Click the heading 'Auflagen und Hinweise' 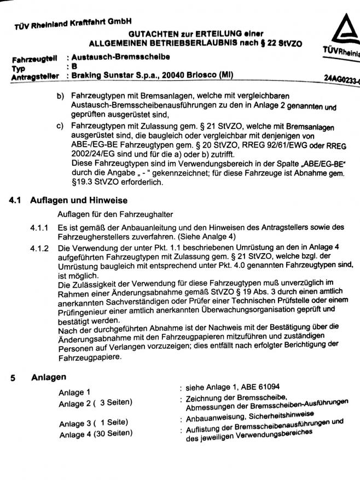[x=79, y=201]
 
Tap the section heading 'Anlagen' [x=49, y=377]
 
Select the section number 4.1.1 [x=39, y=227]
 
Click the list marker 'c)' [x=61, y=126]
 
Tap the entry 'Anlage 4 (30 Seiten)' [x=95, y=434]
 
